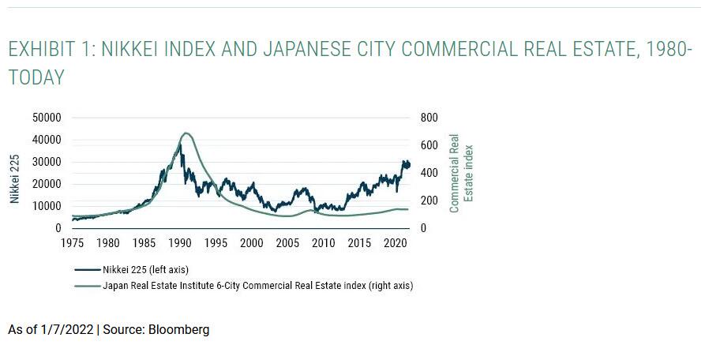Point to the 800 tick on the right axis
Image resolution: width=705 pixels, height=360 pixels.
(x=428, y=118)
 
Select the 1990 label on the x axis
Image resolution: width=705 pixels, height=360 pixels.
(x=180, y=243)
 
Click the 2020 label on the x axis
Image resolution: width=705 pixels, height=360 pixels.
(x=394, y=243)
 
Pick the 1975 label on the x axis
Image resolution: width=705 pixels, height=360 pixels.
(x=73, y=243)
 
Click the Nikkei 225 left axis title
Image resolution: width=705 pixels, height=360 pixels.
(x=15, y=178)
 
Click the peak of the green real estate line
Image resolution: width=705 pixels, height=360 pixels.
(x=186, y=133)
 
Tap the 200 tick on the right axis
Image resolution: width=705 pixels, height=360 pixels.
(x=428, y=201)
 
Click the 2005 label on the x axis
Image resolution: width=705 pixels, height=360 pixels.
(x=287, y=243)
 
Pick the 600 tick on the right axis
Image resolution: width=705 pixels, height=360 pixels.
(x=428, y=145)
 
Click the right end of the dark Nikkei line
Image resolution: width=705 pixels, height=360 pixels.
(x=409, y=164)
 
